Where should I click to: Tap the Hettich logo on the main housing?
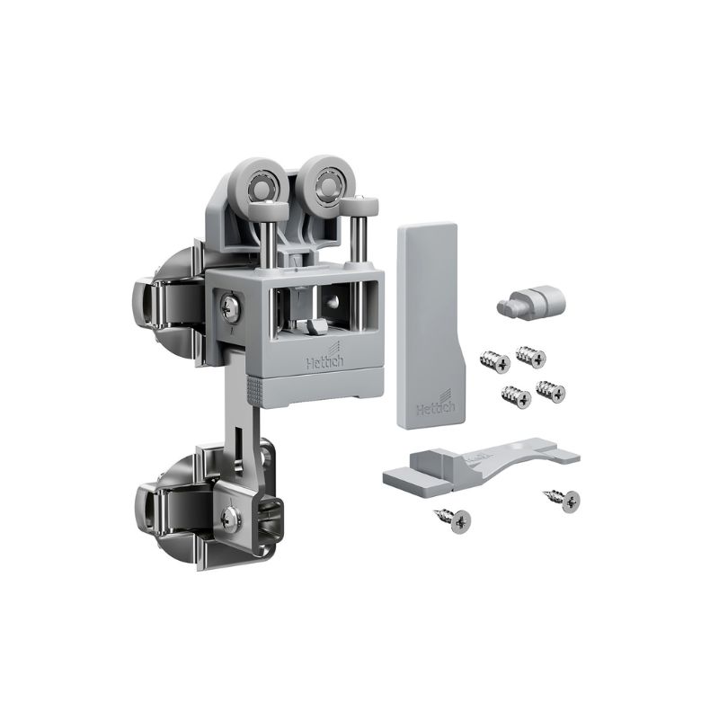(324, 358)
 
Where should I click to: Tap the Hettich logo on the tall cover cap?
(435, 405)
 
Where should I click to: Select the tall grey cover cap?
(431, 325)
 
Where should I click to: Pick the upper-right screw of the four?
(531, 356)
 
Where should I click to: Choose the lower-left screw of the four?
(517, 396)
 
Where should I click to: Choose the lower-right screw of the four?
(551, 391)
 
